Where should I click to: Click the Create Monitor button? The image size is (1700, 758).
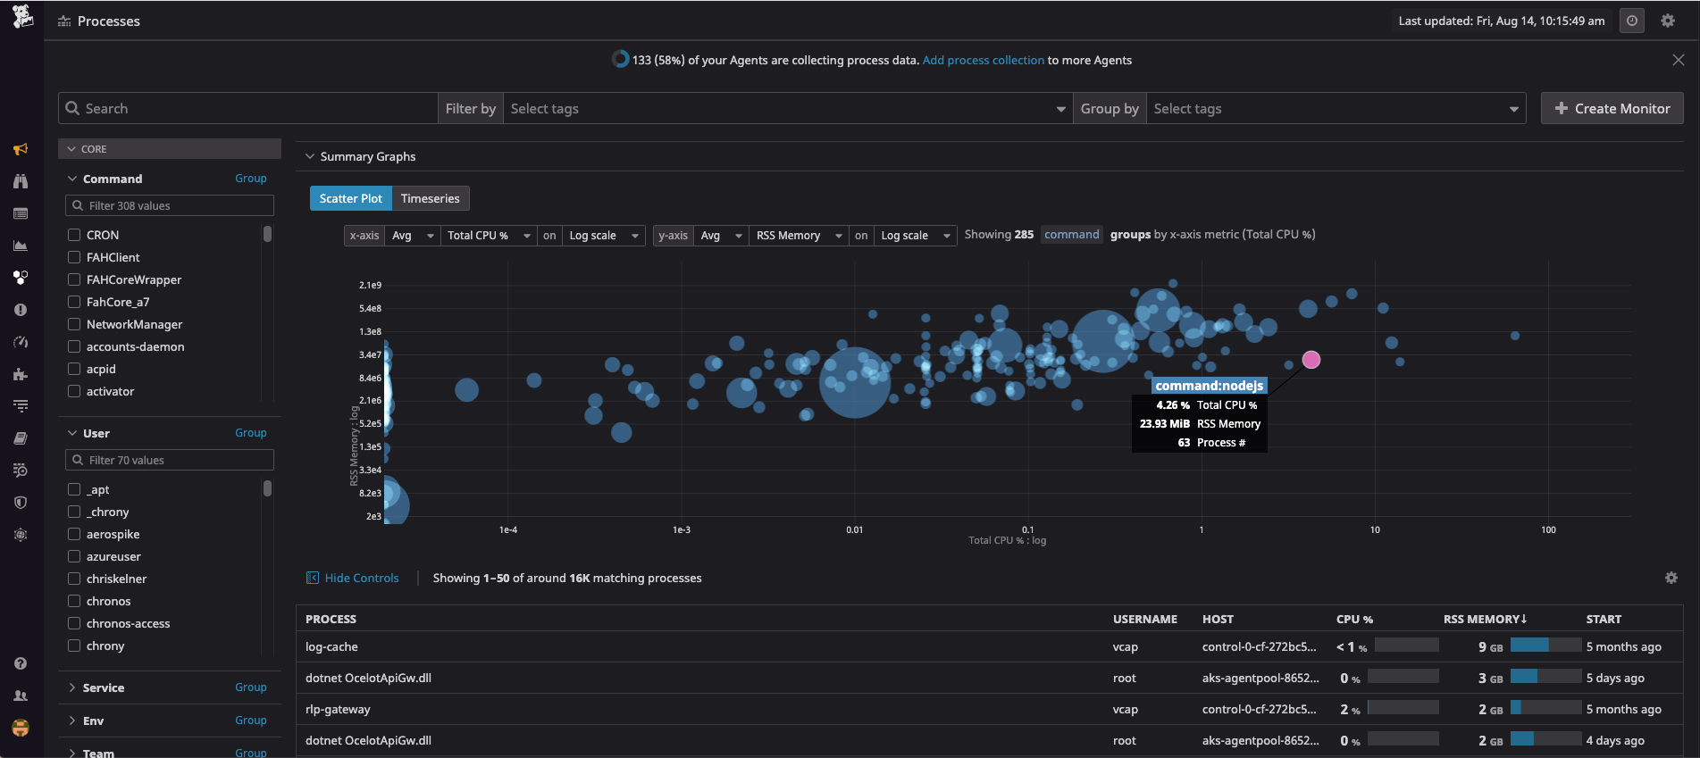1612,108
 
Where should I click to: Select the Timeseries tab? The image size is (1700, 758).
430,198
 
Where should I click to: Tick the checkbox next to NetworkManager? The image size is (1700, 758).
74,324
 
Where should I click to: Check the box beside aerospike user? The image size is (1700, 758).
74,534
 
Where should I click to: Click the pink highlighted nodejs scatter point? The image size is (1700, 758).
1311,360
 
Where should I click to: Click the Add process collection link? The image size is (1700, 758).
983,60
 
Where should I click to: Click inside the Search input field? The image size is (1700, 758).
250,108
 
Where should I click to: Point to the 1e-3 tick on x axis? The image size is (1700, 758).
681,529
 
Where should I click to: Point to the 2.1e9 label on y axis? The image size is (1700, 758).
370,285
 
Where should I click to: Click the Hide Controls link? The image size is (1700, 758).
361,578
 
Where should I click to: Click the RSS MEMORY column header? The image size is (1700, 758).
1484,619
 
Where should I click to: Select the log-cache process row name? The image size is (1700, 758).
331,646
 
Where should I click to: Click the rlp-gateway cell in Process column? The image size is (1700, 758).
338,709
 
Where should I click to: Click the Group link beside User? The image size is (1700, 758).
250,433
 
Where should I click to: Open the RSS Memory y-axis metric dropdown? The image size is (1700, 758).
798,236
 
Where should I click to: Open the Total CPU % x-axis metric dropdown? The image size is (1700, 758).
488,236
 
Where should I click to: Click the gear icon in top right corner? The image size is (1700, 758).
1667,21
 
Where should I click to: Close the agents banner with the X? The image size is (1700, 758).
1678,60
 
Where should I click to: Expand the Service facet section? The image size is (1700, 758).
103,687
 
